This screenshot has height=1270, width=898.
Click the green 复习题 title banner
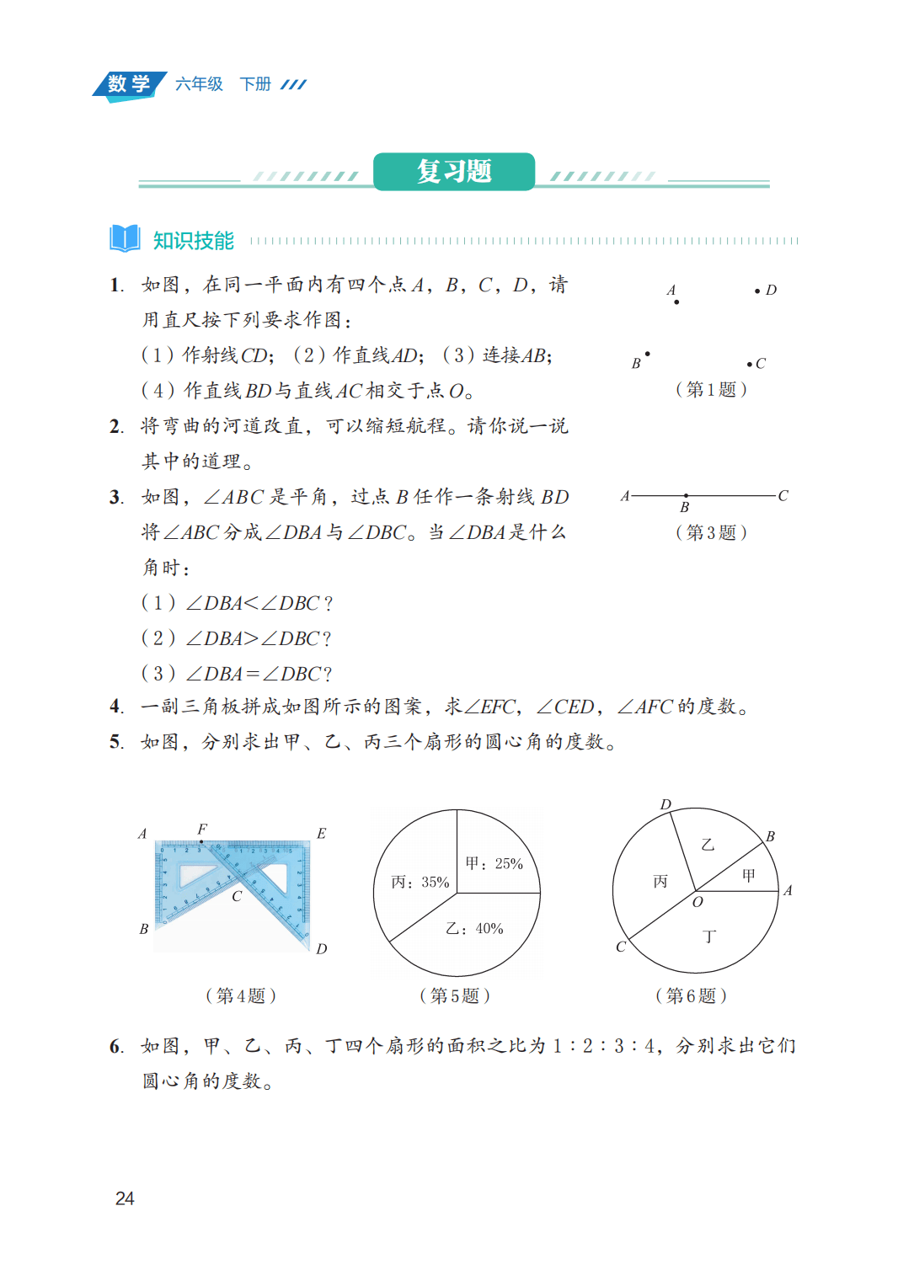tap(453, 172)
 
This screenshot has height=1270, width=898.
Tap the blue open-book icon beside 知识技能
tap(125, 238)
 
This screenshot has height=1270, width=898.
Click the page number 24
tap(125, 1198)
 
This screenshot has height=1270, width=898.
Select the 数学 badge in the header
tap(129, 84)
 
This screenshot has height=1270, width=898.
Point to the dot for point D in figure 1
tap(757, 291)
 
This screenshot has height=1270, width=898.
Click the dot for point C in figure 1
tap(749, 364)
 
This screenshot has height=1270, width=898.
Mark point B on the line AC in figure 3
tap(686, 496)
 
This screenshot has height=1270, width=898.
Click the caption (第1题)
tap(711, 389)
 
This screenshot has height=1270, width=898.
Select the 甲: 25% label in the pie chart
tap(494, 863)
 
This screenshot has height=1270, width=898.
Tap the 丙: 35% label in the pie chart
tap(420, 882)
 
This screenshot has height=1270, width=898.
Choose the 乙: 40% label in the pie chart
tap(474, 928)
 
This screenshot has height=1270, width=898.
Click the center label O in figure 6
tap(698, 902)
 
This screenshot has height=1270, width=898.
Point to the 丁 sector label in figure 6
tap(709, 936)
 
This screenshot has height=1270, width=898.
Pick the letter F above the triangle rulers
tap(202, 830)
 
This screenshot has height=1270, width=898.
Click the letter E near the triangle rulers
tap(321, 834)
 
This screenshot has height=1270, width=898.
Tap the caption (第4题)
tap(241, 995)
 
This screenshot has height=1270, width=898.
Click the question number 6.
tap(116, 1047)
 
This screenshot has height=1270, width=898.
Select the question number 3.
tap(116, 498)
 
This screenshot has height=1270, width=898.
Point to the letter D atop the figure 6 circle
tap(665, 804)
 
